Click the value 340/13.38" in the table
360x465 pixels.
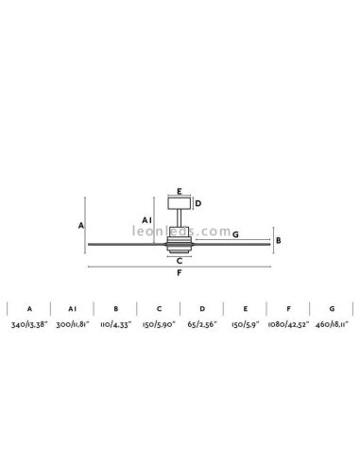click(29, 323)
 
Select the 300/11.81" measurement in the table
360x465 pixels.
click(73, 323)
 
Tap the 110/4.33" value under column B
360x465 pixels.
click(115, 323)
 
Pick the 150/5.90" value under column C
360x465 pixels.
click(159, 323)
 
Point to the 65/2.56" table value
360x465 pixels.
click(201, 323)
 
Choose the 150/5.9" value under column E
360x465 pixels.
click(245, 323)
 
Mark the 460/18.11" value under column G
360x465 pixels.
click(331, 323)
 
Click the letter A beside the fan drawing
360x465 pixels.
click(81, 225)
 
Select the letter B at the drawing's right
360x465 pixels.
click(278, 240)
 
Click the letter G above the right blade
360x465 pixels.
click(234, 234)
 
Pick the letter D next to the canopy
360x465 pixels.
click(197, 201)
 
